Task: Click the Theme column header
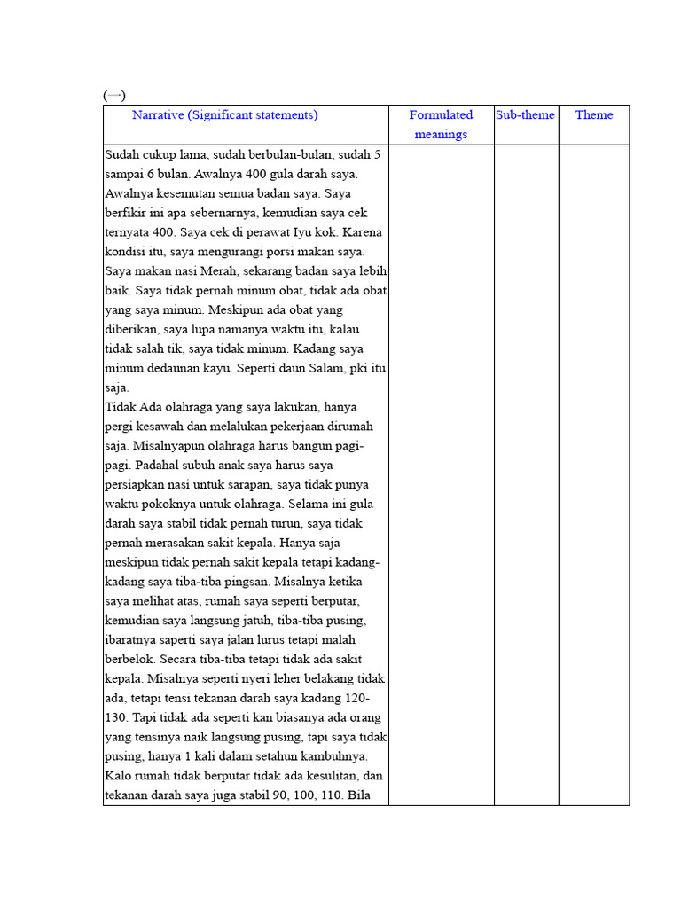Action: (x=593, y=115)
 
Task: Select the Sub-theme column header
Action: (x=525, y=115)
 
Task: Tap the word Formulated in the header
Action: (x=441, y=115)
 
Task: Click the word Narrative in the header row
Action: (x=158, y=115)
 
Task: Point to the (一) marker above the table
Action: (x=114, y=95)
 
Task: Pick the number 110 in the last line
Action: (x=330, y=795)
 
